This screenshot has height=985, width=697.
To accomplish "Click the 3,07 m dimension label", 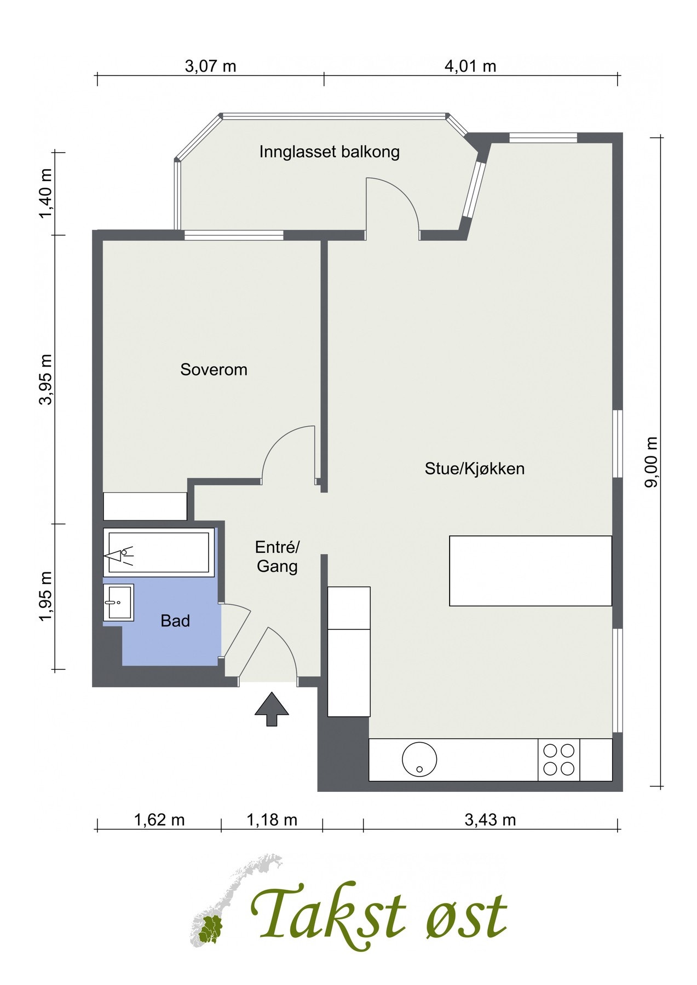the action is click(x=211, y=67).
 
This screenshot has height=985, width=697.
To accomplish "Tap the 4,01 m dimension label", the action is click(x=470, y=67).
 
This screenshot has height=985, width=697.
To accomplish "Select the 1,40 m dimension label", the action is click(x=46, y=193).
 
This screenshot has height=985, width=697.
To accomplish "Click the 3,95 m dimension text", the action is click(x=46, y=379).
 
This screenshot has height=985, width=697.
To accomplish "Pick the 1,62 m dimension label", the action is click(x=159, y=820).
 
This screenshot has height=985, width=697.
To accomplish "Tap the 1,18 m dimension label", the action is click(x=272, y=820).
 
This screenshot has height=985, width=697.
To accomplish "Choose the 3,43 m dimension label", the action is click(x=490, y=820).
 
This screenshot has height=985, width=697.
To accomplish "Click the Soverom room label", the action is click(x=214, y=370).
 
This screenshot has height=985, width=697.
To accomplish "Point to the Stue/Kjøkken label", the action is click(x=475, y=469).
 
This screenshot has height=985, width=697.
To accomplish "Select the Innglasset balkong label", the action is click(x=330, y=152).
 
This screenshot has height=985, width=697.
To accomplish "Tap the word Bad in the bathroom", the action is click(x=175, y=621).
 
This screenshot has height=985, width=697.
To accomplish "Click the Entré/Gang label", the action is click(x=278, y=557).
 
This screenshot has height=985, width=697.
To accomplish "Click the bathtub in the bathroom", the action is click(x=159, y=552).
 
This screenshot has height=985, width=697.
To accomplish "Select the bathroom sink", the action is click(x=118, y=602).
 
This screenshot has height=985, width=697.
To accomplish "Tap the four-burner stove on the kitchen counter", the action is click(x=559, y=760).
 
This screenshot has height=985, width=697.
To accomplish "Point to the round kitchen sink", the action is click(x=420, y=759).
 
